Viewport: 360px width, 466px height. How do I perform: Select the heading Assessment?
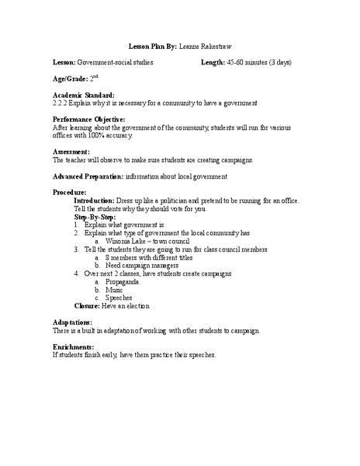71,151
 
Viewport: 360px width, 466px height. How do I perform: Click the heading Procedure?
69,192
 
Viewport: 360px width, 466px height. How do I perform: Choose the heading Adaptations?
72,322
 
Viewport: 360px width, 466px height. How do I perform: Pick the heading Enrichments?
73,347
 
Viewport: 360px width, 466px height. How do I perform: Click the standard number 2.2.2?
61,103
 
